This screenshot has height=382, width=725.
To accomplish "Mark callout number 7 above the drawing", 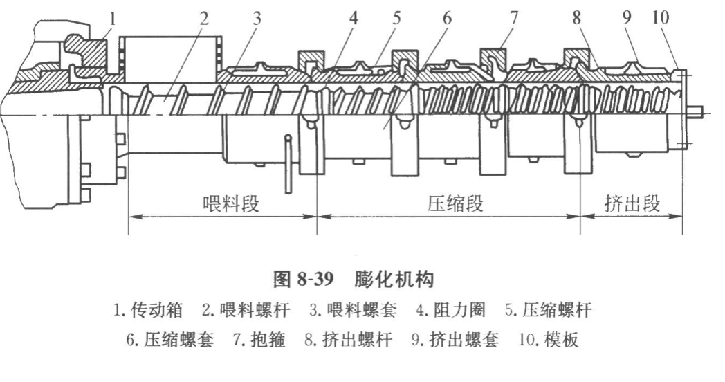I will coord(513,16).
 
